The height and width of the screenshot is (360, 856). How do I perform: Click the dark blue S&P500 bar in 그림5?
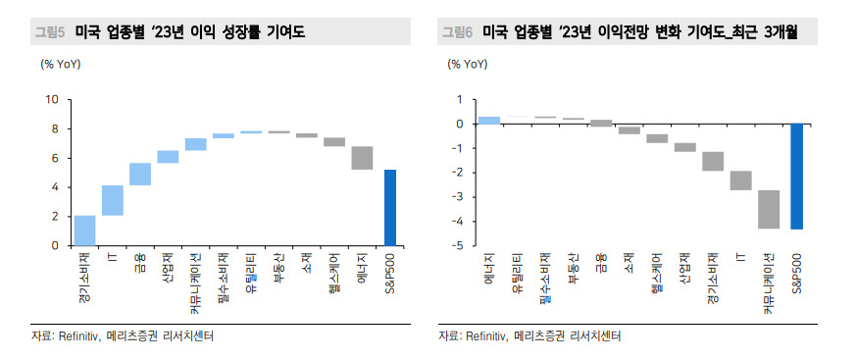[x=390, y=208]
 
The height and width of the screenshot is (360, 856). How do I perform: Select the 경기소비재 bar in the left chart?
[x=84, y=231]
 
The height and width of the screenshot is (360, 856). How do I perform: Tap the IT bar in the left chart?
[x=113, y=200]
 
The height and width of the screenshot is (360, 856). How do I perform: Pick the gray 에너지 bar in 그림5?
[x=362, y=158]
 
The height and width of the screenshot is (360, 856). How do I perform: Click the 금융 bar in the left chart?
[x=140, y=175]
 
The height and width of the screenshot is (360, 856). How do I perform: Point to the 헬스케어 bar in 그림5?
[x=334, y=142]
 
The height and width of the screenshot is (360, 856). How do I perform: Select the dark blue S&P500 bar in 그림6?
[x=797, y=177]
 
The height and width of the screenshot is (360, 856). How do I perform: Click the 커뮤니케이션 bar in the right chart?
[x=769, y=209]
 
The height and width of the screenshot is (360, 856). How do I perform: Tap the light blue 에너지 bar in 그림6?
[x=489, y=121]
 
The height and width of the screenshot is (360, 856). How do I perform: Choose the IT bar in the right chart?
[x=741, y=180]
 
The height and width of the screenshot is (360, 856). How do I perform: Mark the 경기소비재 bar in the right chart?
[x=713, y=161]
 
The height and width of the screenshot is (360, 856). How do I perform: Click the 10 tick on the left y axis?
[x=52, y=100]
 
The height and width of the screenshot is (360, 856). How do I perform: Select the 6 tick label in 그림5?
[x=55, y=159]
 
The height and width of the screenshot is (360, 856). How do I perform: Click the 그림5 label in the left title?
[x=50, y=32]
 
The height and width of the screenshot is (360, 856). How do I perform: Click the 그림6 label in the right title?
[x=458, y=32]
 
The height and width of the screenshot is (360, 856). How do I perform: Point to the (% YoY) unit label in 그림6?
[x=468, y=64]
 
